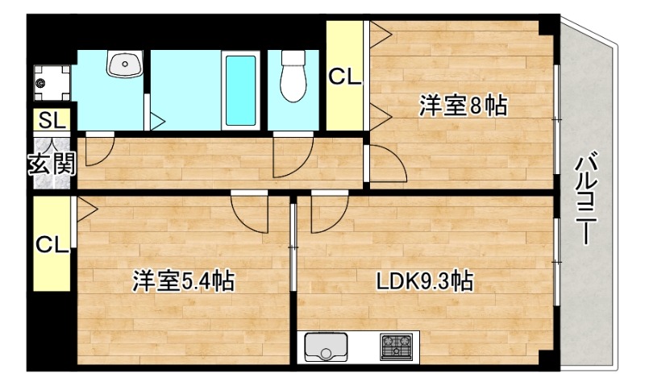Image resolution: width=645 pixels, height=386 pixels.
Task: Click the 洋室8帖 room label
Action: [462, 106]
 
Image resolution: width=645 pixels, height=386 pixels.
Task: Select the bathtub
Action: [240, 90]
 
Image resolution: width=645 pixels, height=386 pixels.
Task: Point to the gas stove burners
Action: [395, 347]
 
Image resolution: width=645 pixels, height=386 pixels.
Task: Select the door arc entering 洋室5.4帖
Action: [248, 210]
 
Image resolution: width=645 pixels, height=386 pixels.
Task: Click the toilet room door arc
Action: [292, 156]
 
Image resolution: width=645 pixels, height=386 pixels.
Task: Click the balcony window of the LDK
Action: [557, 243]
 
